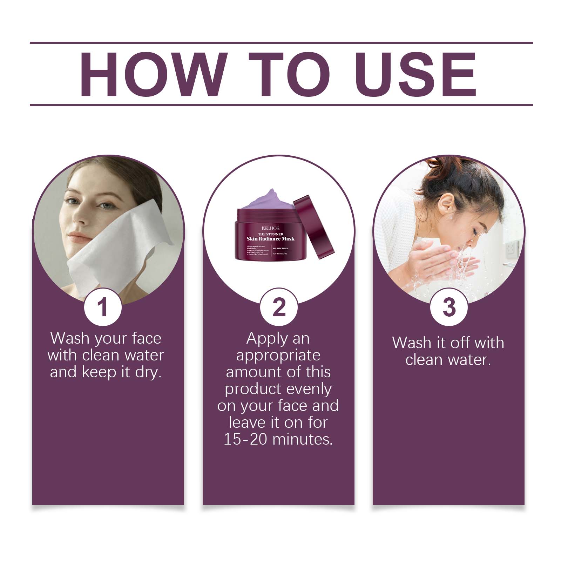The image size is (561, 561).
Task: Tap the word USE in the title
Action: [417, 74]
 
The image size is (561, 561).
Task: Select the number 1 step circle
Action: [103, 307]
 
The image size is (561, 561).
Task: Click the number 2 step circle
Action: [279, 307]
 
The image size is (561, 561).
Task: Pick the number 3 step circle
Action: [449, 307]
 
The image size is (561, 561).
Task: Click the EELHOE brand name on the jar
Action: [270, 228]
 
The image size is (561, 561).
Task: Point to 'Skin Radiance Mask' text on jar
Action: [270, 239]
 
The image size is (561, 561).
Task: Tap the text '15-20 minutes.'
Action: [278, 439]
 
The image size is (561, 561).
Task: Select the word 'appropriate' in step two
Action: [278, 355]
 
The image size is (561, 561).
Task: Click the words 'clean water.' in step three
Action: [448, 360]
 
